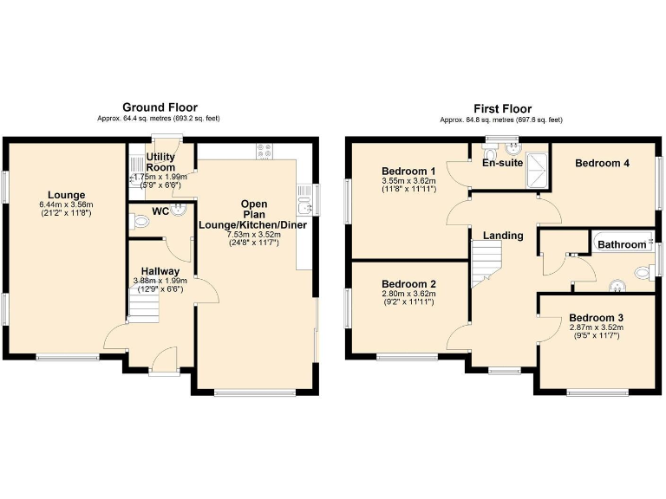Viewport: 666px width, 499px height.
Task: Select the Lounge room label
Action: click(x=65, y=194)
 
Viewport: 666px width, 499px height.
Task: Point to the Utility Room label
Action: click(x=161, y=162)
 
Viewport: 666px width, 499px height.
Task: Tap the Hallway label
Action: click(x=161, y=271)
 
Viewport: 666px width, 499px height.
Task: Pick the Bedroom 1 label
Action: click(x=408, y=171)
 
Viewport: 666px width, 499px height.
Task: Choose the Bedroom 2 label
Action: click(x=408, y=284)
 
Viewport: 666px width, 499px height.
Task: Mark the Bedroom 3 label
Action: click(x=596, y=318)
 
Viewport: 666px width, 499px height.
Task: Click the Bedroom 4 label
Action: click(x=602, y=163)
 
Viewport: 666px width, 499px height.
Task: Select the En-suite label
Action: click(x=500, y=162)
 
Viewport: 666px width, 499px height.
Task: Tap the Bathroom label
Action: click(x=622, y=245)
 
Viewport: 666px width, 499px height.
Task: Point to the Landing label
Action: click(x=503, y=236)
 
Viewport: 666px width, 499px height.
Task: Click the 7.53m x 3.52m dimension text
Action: click(x=255, y=234)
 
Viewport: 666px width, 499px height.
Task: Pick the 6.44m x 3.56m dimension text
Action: click(x=65, y=204)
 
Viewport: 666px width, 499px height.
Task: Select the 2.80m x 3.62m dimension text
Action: click(x=408, y=294)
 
